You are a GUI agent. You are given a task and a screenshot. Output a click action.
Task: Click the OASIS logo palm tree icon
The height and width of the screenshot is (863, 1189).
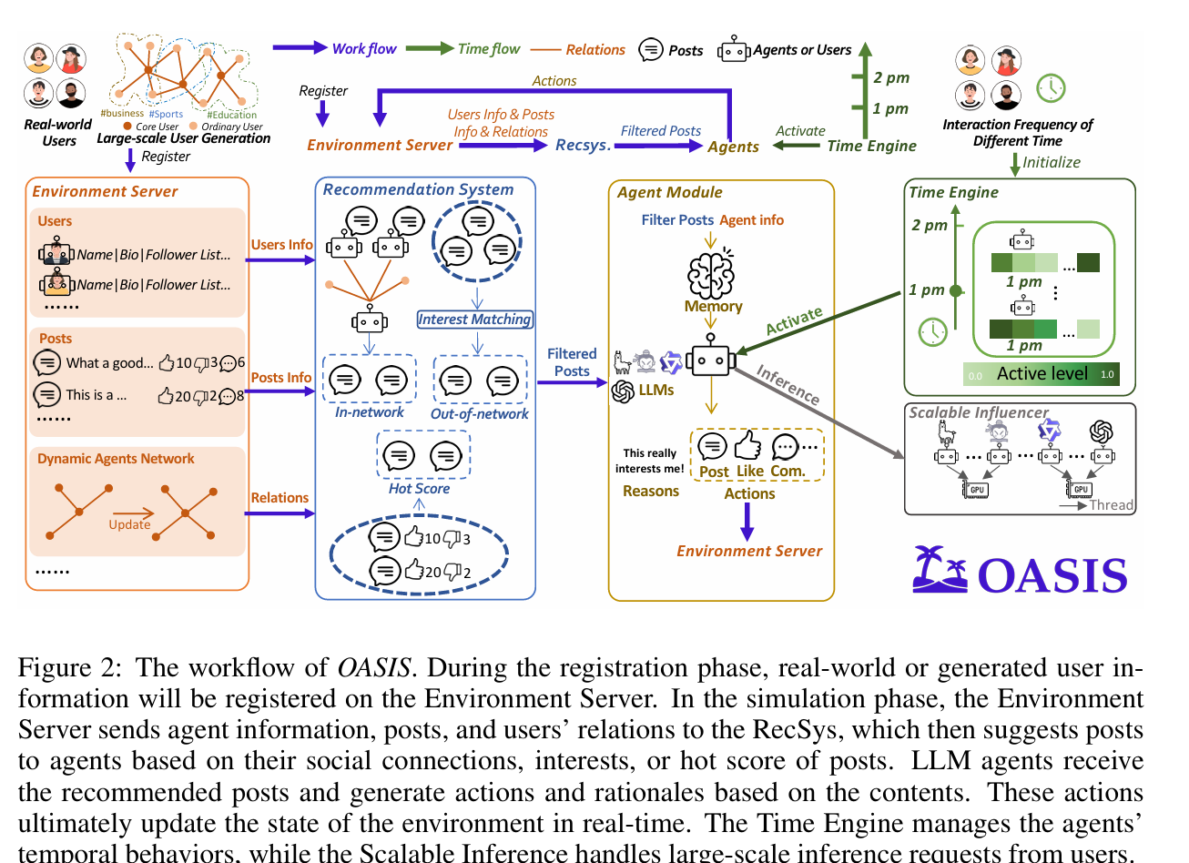[x=940, y=570]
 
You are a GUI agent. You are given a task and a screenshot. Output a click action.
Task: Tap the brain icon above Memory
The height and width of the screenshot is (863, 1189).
[x=710, y=272]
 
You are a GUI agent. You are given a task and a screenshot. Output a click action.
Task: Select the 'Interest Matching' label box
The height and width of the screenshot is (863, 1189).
[x=474, y=320]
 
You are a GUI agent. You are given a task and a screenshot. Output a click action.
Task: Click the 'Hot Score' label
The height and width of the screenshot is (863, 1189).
[x=419, y=489]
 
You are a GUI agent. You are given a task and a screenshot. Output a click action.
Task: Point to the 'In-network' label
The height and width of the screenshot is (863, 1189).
[x=369, y=412]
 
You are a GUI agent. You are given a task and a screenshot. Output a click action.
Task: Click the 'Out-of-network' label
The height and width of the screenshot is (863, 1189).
[x=479, y=414]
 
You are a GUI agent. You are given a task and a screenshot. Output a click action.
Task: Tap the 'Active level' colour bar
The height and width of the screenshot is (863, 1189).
[x=1042, y=373]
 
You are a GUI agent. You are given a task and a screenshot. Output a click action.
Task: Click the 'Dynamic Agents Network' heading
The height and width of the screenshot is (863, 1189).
[x=116, y=459]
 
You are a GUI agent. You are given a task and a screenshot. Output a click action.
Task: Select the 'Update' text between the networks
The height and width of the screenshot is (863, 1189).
[x=129, y=524]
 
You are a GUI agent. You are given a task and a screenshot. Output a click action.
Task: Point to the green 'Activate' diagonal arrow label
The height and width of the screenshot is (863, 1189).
[x=794, y=320]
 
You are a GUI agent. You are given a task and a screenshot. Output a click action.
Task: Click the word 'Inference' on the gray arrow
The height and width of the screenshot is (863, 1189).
[x=788, y=384]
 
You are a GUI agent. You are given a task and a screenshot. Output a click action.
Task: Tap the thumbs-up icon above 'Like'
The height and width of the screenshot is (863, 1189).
[x=747, y=446]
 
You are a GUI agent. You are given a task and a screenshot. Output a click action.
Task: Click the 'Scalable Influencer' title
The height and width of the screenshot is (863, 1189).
[x=979, y=412]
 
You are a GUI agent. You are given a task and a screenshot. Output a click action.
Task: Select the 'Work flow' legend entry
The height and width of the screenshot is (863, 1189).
[x=363, y=49]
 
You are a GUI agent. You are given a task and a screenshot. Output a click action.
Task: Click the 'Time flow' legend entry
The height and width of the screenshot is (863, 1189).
[x=488, y=49]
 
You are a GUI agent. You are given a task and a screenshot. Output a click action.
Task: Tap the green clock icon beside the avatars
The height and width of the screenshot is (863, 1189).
[x=1051, y=86]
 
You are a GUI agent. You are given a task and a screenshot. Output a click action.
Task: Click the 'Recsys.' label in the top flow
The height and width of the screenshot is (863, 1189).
[x=583, y=145]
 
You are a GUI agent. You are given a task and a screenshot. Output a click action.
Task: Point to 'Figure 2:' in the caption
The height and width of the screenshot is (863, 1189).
[x=68, y=667]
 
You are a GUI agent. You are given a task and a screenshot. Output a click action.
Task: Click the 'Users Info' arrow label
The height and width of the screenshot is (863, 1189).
[x=281, y=245]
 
